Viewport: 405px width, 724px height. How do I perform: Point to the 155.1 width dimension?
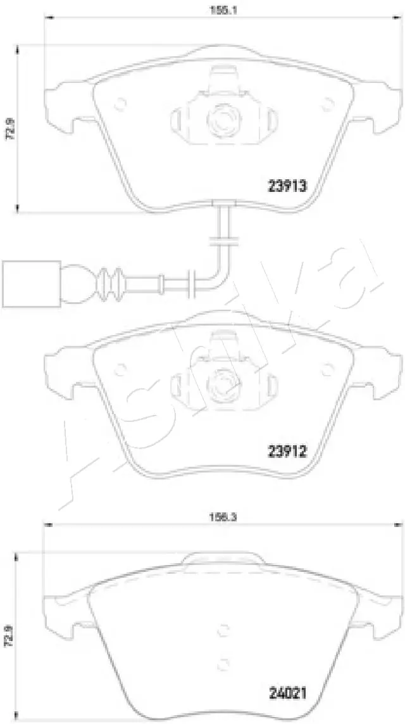click(x=220, y=10)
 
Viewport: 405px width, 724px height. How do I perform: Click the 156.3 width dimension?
click(x=220, y=517)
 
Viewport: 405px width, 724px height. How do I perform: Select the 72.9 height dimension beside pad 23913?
click(x=8, y=130)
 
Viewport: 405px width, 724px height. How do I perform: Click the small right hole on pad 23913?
click(x=327, y=103)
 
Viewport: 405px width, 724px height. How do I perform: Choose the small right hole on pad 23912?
click(x=327, y=368)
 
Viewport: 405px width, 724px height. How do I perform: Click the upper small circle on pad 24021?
click(x=223, y=630)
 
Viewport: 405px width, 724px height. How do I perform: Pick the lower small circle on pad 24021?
click(x=223, y=663)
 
